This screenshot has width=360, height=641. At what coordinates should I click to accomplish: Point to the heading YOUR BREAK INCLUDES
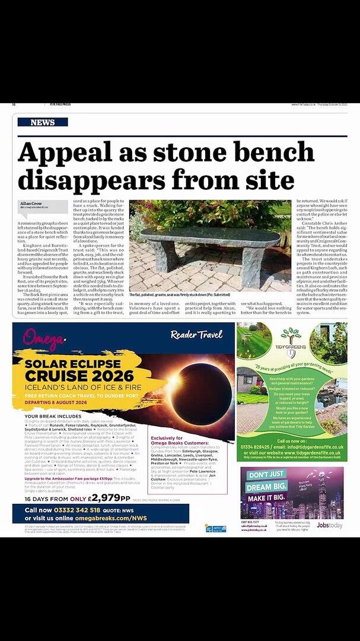coord(49,416)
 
